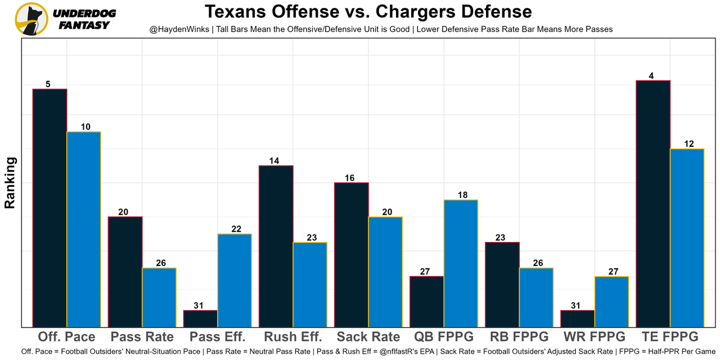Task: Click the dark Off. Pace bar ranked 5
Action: click(x=50, y=208)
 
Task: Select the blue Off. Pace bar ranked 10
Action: click(x=84, y=229)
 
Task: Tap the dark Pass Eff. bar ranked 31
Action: click(x=201, y=318)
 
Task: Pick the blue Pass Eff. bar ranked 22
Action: click(x=235, y=280)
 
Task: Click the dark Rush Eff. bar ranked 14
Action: click(x=276, y=246)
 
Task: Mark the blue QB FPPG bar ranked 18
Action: click(x=461, y=263)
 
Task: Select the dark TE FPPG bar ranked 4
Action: click(x=652, y=204)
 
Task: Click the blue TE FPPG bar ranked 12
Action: click(x=687, y=237)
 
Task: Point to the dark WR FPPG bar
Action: click(x=578, y=318)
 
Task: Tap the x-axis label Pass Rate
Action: click(x=142, y=337)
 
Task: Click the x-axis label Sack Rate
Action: click(x=368, y=337)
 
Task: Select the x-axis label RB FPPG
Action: click(x=519, y=337)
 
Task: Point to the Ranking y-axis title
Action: click(x=10, y=183)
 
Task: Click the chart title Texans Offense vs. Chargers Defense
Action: click(x=368, y=12)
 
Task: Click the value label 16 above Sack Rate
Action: click(x=350, y=178)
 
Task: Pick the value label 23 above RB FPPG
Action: click(x=501, y=238)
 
